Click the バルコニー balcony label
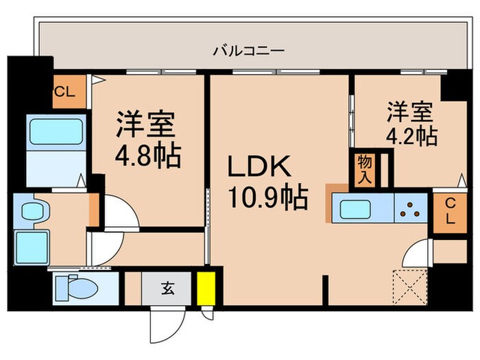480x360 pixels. (248, 51)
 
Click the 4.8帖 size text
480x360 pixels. (147, 156)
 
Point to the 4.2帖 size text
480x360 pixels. (411, 135)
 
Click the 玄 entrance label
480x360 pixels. (168, 288)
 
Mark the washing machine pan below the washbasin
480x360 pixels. (32, 245)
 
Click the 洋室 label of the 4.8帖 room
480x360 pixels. (147, 124)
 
